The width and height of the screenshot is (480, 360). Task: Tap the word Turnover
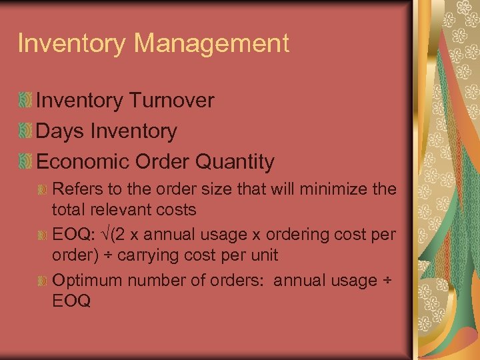coord(173,101)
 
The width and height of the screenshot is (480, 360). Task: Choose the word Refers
coord(73,189)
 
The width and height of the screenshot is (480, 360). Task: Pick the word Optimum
coord(87,281)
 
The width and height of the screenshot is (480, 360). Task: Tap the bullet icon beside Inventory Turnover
coord(25,101)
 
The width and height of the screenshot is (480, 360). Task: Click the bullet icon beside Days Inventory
coord(25,132)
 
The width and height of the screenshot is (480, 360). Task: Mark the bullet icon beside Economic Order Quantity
coord(25,162)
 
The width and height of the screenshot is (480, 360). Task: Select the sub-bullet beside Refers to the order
coord(43,189)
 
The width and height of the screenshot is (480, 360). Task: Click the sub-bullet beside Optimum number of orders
coord(43,281)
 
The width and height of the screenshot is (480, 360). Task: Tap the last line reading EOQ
coord(71,301)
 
